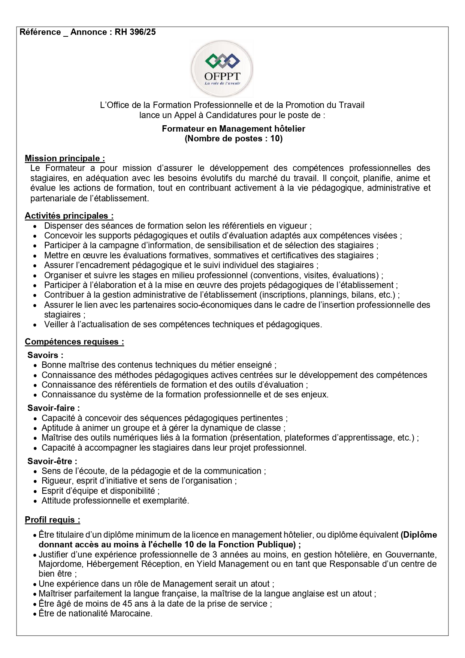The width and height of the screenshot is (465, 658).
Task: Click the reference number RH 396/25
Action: click(x=135, y=32)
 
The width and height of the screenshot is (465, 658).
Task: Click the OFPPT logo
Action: click(x=222, y=69)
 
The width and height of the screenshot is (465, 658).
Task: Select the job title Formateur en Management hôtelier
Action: click(x=233, y=129)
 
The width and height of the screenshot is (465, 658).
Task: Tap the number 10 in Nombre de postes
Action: click(x=275, y=139)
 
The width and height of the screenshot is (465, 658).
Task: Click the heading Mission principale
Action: click(x=65, y=159)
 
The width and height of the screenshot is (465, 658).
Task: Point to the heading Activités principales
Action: click(x=69, y=216)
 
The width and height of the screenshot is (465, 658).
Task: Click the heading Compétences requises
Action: click(x=74, y=342)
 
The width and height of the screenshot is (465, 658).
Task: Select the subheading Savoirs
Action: click(x=45, y=355)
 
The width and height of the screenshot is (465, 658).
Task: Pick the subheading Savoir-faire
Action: click(x=54, y=408)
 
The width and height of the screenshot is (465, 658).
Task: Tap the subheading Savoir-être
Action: click(x=52, y=462)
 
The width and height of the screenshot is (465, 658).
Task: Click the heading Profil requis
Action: click(x=52, y=520)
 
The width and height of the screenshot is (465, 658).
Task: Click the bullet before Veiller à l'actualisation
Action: click(x=35, y=325)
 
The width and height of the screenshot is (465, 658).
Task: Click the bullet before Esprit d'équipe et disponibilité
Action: click(x=35, y=491)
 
